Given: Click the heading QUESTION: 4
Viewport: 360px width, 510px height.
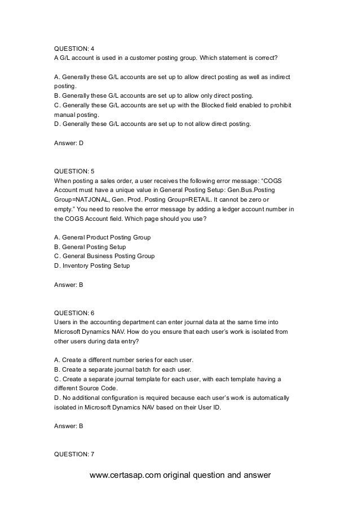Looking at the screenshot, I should [x=73, y=48].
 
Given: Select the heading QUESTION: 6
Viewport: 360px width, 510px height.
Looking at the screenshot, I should [x=73, y=312].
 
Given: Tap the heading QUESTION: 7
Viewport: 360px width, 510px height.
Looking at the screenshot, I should [x=73, y=454].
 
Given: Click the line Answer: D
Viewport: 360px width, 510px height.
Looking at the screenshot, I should [x=68, y=143].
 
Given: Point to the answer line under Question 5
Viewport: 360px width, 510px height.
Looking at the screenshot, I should [x=68, y=285].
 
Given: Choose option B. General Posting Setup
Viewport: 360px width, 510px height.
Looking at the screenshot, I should [x=89, y=247].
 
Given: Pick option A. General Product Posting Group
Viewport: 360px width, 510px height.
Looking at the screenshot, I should [x=102, y=237].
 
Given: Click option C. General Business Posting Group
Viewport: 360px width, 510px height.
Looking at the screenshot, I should [x=104, y=256].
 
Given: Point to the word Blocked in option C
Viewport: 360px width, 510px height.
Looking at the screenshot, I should [x=203, y=105].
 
